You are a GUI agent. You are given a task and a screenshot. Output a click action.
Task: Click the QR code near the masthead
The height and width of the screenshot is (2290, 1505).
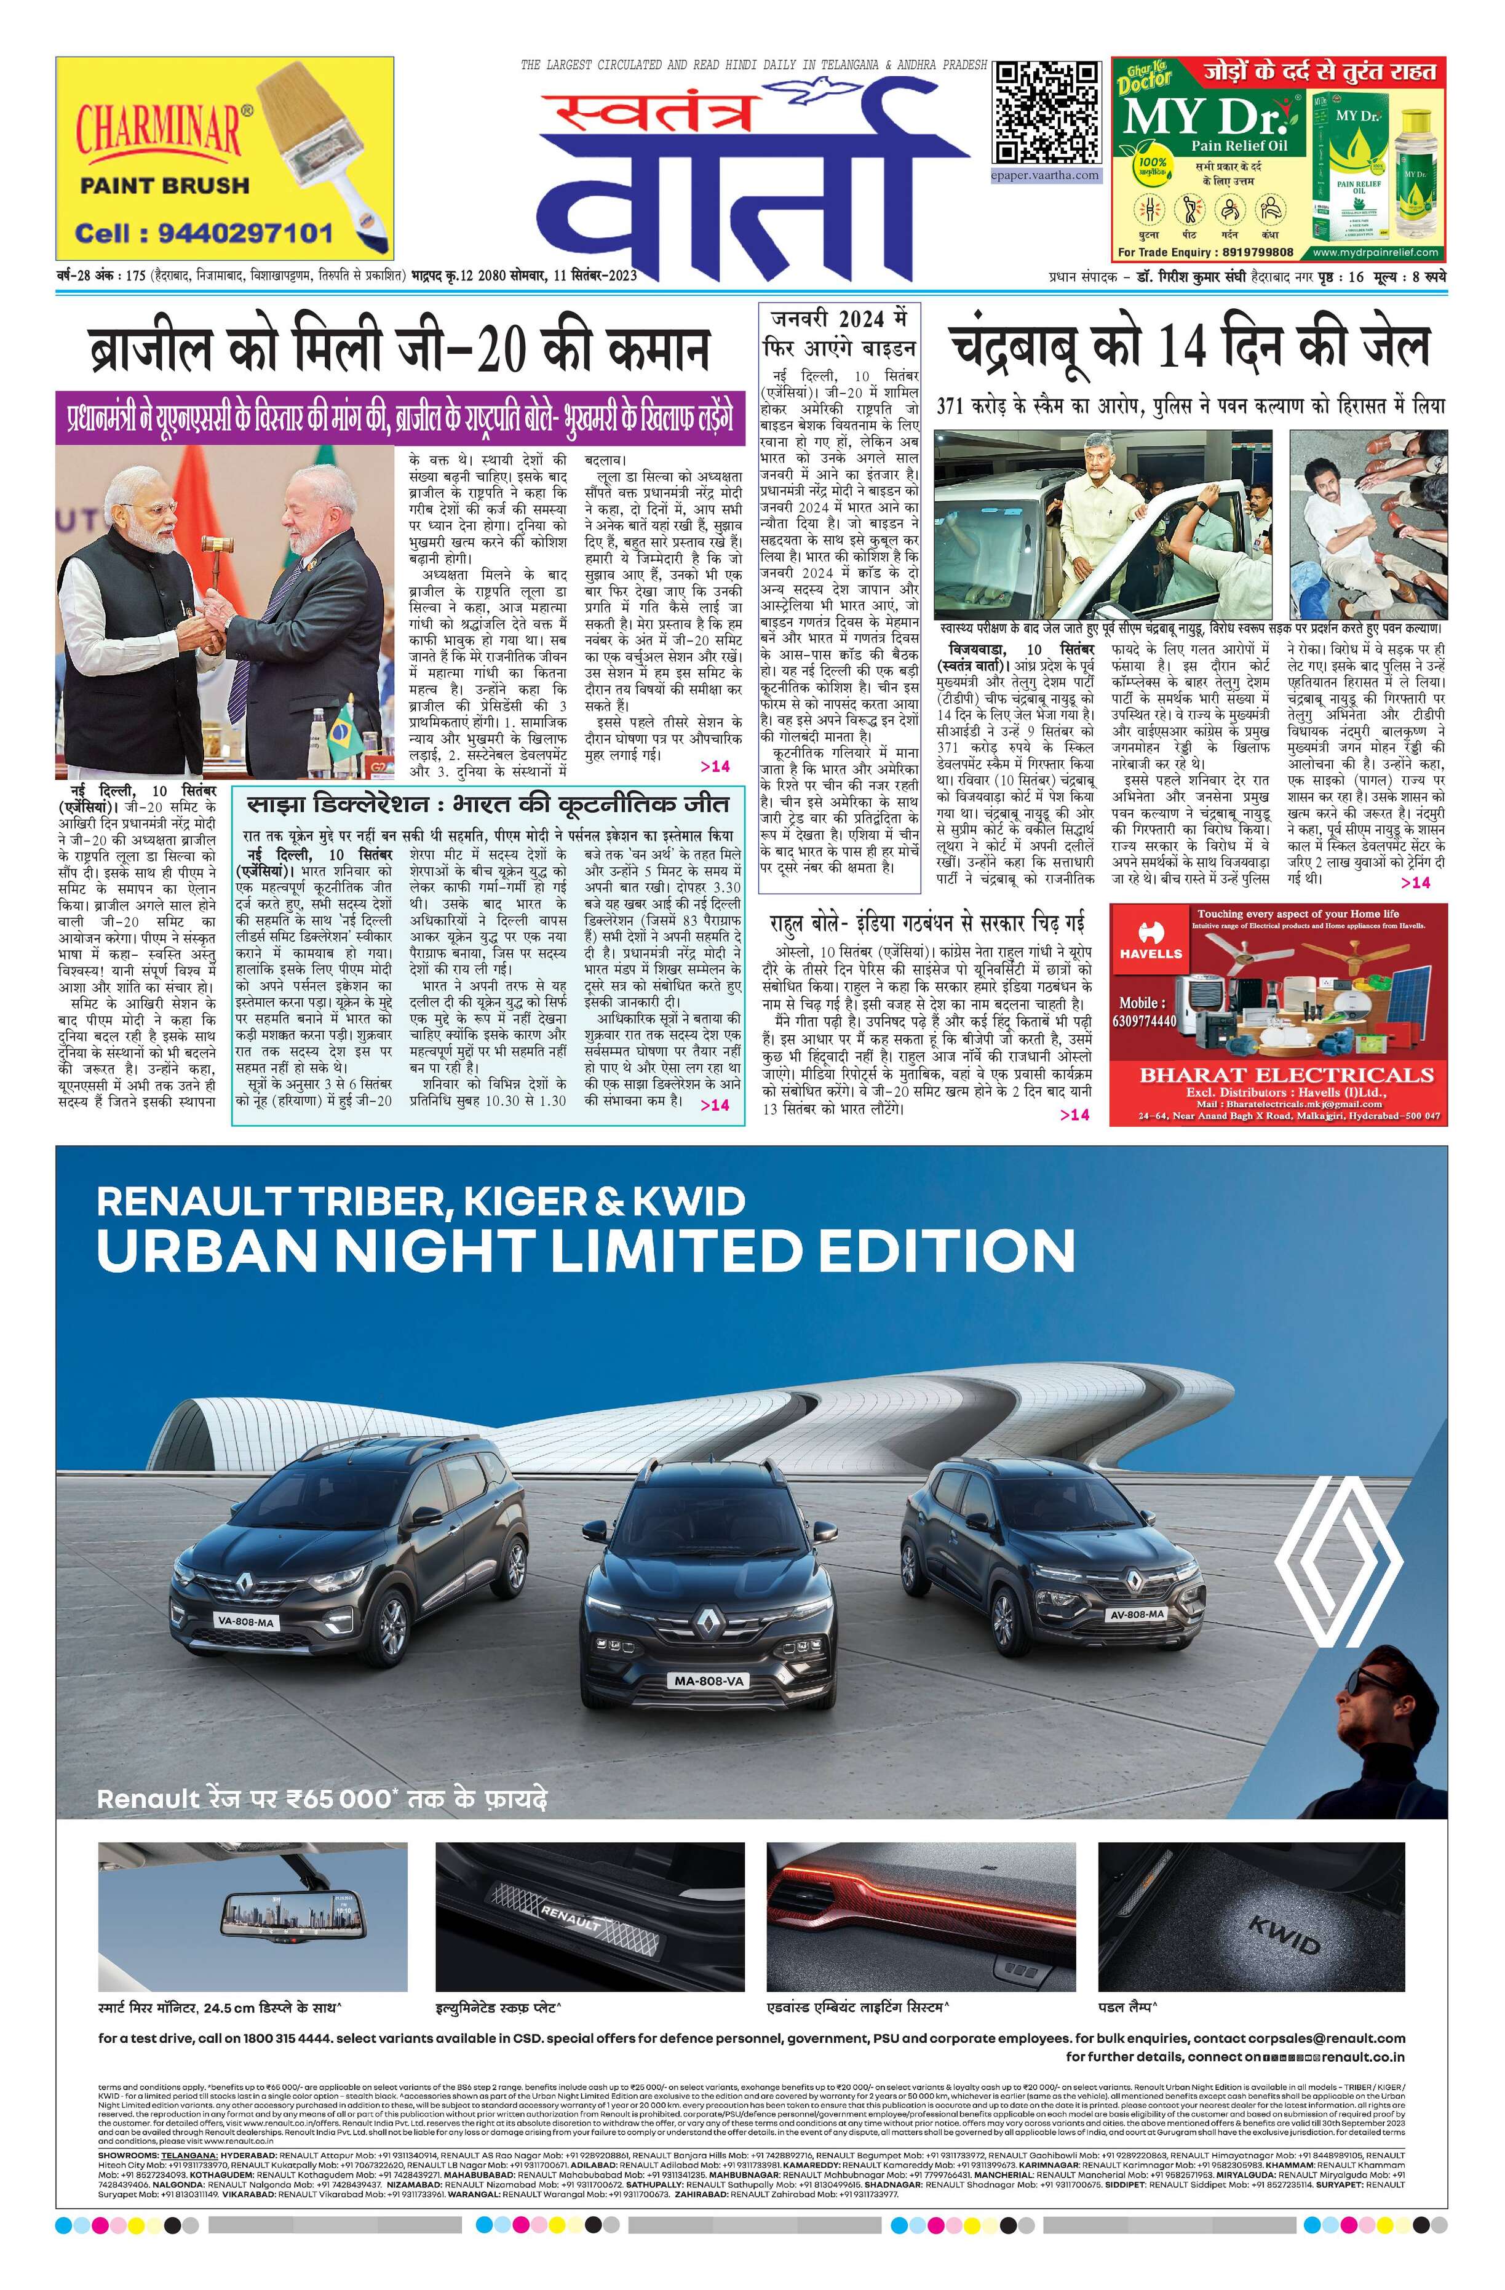(1046, 113)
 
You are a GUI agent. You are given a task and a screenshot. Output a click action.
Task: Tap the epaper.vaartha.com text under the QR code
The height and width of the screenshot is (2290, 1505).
(1045, 176)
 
